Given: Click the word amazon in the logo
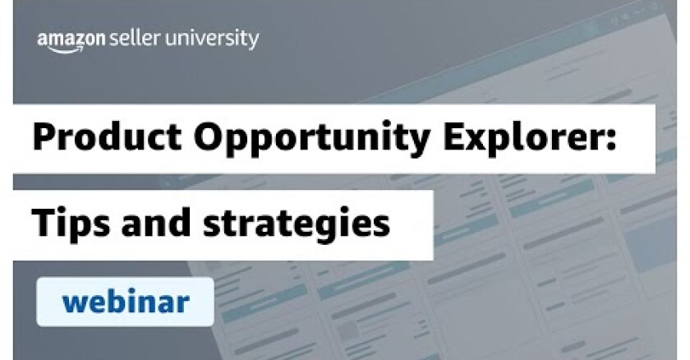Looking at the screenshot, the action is click(x=71, y=39).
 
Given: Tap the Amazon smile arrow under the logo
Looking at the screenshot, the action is click(x=66, y=49).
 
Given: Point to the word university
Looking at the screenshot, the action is click(x=212, y=39).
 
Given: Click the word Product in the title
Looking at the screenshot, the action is click(x=107, y=136).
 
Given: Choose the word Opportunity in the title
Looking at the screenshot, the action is click(x=311, y=139).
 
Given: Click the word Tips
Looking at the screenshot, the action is click(x=71, y=223).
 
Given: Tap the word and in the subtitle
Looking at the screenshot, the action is click(x=155, y=222).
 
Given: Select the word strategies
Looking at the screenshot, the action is click(x=297, y=223).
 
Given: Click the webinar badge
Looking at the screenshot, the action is click(x=126, y=302).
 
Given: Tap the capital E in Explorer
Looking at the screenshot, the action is click(x=453, y=136).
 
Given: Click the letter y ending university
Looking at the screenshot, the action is click(x=253, y=42).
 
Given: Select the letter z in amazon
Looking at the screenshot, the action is click(x=79, y=40).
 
